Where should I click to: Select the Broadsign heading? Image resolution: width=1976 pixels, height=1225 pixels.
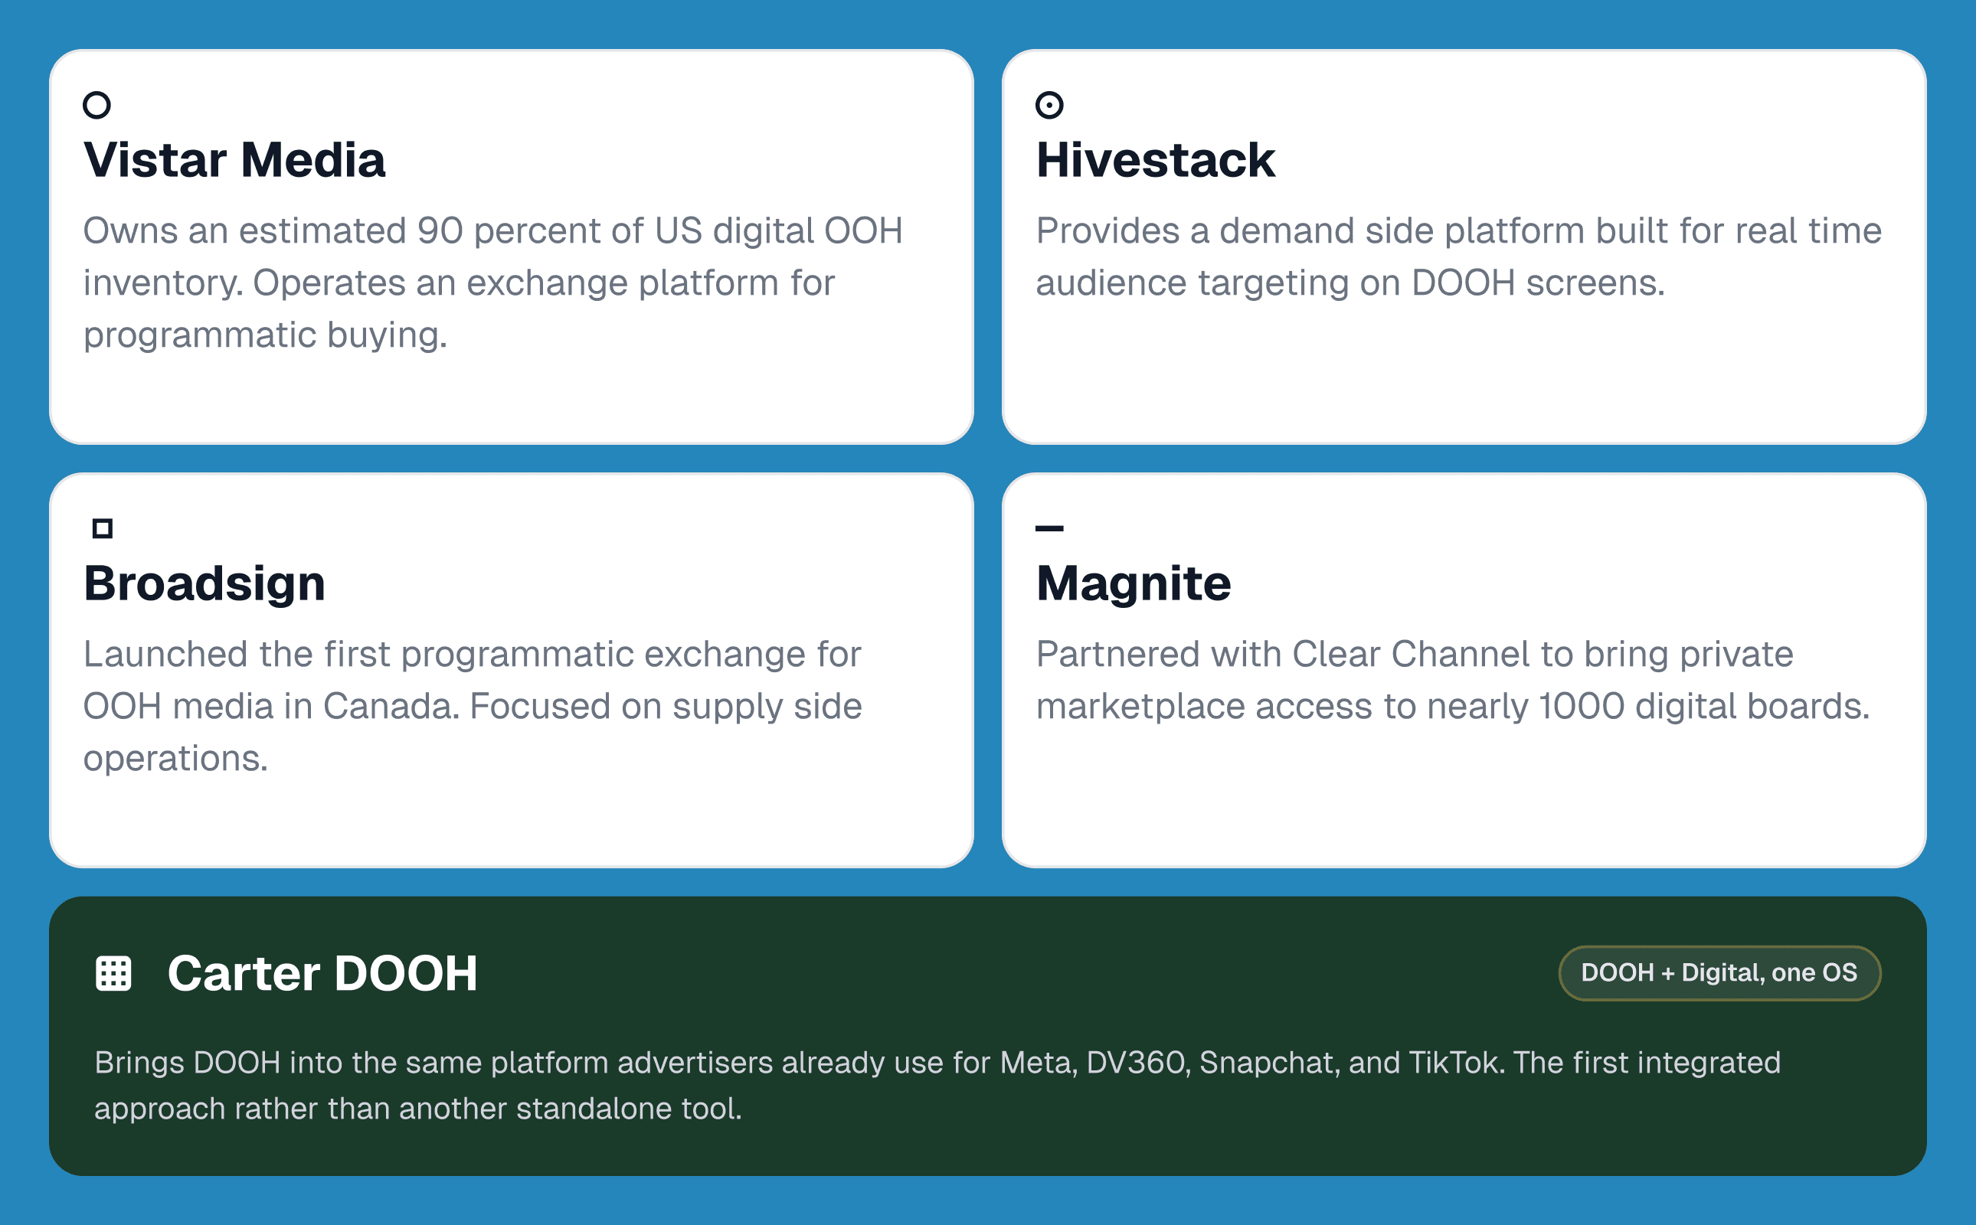tap(204, 583)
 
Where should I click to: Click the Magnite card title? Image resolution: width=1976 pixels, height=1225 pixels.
tap(1133, 583)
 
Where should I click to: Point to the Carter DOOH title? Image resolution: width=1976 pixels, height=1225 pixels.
tap(322, 973)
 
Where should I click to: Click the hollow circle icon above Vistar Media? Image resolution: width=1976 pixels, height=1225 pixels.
tap(97, 105)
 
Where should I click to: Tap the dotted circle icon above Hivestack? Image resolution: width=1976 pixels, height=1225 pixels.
tap(1049, 105)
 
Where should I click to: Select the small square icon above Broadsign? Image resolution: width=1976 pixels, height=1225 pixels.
tap(102, 528)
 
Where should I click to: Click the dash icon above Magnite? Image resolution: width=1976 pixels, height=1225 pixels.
tap(1049, 528)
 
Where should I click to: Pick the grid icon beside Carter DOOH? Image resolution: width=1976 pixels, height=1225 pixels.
tap(113, 973)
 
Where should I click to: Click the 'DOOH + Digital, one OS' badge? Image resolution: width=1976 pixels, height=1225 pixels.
tap(1719, 973)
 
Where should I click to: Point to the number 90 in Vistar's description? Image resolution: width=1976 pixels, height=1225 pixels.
tap(440, 231)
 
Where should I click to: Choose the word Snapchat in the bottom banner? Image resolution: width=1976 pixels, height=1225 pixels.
tap(1268, 1063)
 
